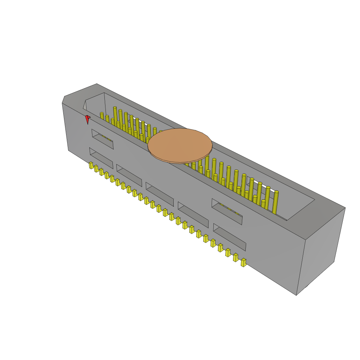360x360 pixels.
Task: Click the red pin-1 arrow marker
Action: [88, 119]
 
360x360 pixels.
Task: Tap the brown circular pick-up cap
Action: [180, 145]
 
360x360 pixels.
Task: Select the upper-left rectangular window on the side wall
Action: [103, 139]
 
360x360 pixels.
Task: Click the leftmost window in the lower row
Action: [101, 158]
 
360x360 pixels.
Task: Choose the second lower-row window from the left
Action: [129, 175]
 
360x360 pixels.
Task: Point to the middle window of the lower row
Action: [160, 194]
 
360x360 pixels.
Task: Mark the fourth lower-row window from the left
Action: [193, 214]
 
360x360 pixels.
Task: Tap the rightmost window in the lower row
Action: [230, 237]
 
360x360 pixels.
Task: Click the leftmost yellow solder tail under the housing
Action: [91, 165]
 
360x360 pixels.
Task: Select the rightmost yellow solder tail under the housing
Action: [243, 262]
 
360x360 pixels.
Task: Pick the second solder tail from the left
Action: [96, 168]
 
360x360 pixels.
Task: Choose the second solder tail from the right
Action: [236, 257]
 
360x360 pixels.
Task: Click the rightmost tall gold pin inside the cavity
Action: [275, 202]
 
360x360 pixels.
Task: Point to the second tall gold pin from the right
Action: [267, 198]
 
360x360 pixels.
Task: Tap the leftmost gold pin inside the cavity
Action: [102, 116]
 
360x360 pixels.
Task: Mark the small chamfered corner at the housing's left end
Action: [63, 100]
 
